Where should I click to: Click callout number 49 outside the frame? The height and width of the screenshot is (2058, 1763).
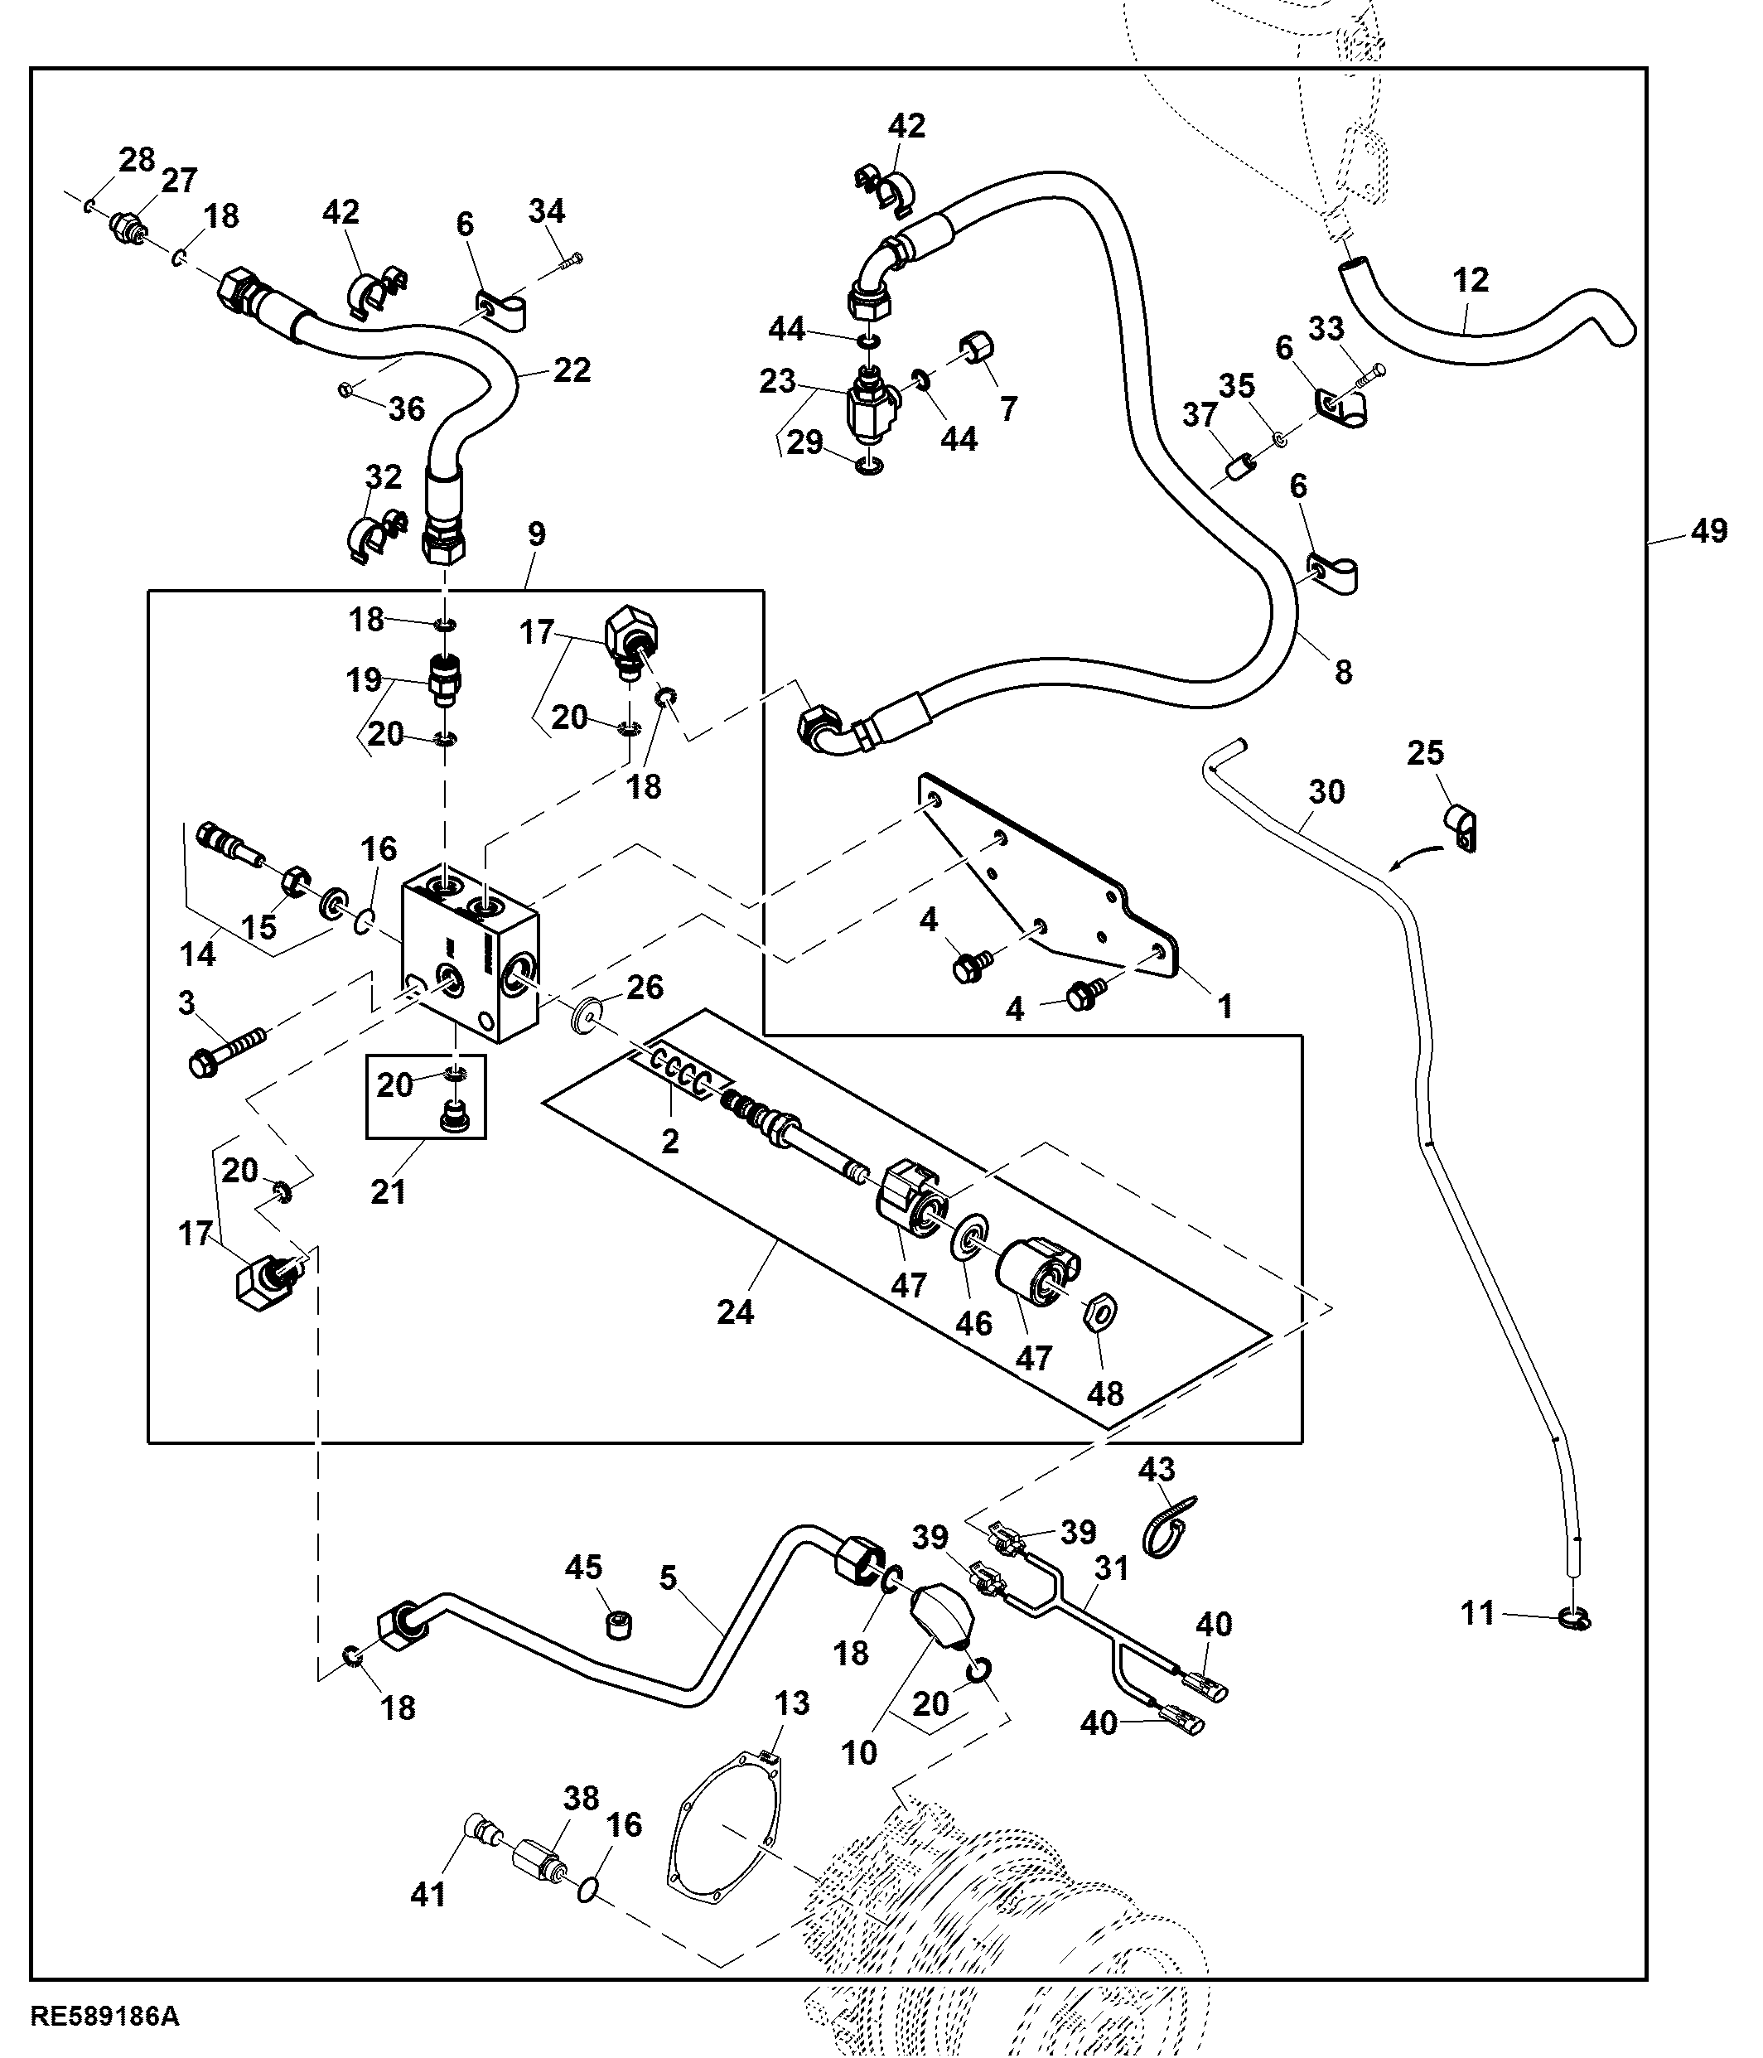(1708, 533)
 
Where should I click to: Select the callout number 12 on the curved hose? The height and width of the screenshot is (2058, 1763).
(1471, 281)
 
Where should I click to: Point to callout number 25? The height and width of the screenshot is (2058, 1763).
(1424, 753)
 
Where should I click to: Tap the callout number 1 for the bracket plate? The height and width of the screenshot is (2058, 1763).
(1224, 1006)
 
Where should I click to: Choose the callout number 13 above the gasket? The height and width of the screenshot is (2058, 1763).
(792, 1703)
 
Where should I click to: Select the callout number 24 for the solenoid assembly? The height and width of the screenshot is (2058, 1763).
(735, 1312)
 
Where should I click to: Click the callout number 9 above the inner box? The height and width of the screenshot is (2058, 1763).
(536, 534)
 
